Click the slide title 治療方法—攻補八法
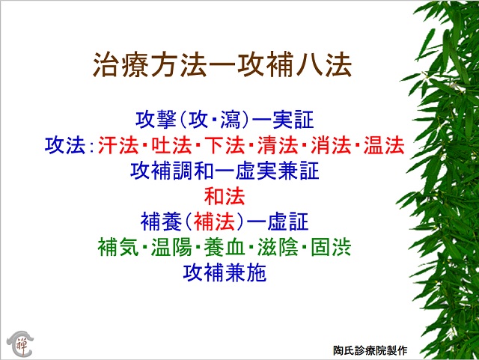[222, 64]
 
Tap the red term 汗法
[118, 145]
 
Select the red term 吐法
[171, 145]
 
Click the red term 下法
[225, 145]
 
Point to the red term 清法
[278, 145]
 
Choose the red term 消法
[331, 145]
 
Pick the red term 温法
[384, 145]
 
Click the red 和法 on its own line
[225, 196]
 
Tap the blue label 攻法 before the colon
[65, 145]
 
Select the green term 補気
[118, 247]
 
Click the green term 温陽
[171, 247]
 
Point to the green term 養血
[225, 247]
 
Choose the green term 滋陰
[278, 247]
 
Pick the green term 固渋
[331, 247]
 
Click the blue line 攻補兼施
[225, 273]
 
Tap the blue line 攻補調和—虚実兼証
[225, 171]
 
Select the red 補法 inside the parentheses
[214, 222]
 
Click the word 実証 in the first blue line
[293, 120]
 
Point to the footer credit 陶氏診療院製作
[370, 350]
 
